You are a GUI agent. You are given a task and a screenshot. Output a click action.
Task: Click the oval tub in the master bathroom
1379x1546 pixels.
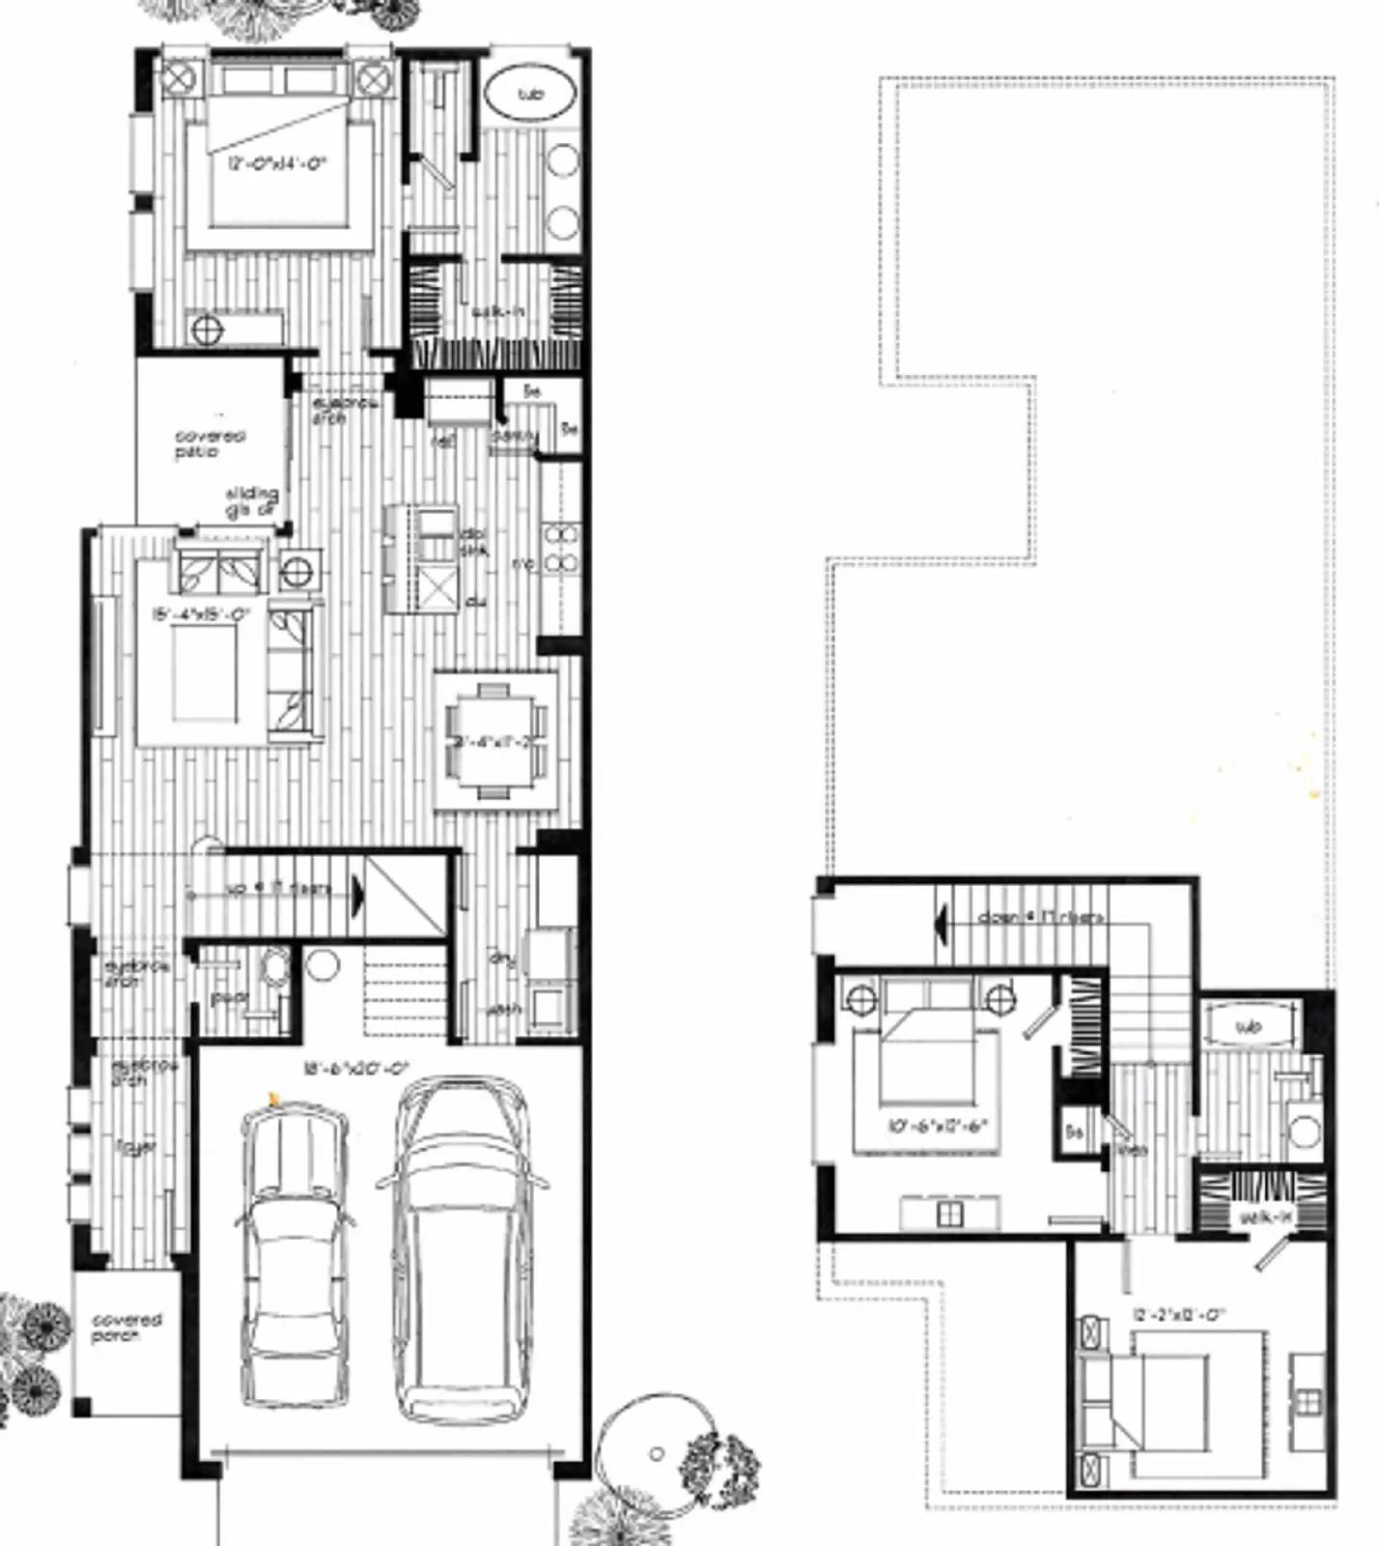click(528, 94)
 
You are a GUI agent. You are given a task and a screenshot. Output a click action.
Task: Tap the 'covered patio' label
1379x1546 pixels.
click(210, 444)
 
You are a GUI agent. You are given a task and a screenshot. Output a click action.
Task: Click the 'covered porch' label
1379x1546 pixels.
click(127, 1327)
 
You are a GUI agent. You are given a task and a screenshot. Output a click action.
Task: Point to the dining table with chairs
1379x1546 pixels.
click(494, 741)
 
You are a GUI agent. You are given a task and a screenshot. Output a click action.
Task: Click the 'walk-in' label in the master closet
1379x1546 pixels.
click(497, 312)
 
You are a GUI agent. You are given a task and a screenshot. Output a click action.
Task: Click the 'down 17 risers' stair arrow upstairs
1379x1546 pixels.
click(939, 919)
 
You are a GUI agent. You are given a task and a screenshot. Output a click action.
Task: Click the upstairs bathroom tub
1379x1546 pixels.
click(1249, 1026)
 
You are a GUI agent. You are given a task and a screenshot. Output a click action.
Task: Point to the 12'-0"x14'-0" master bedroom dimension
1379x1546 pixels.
click(278, 164)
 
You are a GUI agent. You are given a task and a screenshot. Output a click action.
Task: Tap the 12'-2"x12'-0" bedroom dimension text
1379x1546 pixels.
click(1178, 1314)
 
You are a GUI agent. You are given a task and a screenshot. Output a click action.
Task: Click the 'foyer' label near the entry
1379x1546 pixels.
click(135, 1147)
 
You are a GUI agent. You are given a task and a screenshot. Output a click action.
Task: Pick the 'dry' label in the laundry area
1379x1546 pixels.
click(501, 958)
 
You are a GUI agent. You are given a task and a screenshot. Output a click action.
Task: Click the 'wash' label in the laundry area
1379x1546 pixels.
click(504, 1009)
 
